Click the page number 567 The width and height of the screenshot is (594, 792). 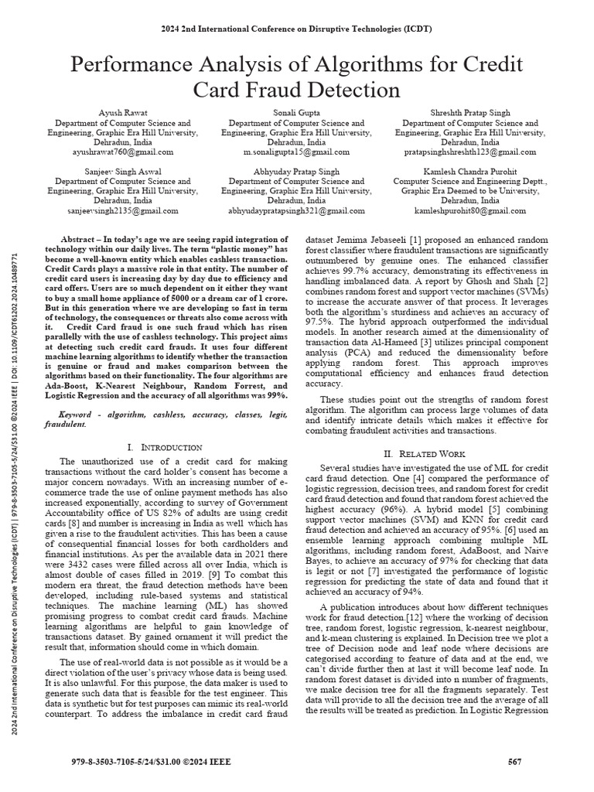(x=514, y=761)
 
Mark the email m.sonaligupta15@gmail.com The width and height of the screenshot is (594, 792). (x=296, y=153)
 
